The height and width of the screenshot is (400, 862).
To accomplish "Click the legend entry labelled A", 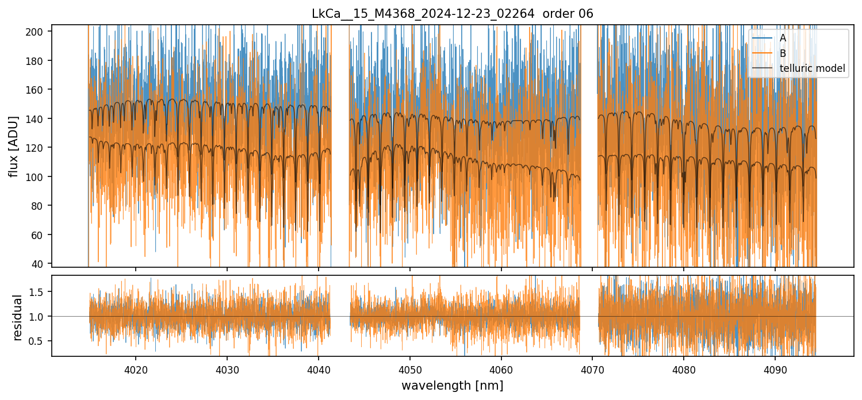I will click(783, 38).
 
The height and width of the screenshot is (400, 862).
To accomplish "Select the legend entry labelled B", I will click(783, 53).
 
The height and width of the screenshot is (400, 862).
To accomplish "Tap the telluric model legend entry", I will click(812, 68).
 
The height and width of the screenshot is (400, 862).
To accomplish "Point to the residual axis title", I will click(17, 317).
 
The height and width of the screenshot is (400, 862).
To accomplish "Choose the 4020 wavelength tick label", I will click(136, 368).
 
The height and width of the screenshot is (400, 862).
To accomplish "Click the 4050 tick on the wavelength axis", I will click(409, 368).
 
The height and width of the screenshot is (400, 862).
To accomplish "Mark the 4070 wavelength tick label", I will click(592, 368).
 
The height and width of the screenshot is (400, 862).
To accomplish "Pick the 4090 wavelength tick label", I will click(775, 368).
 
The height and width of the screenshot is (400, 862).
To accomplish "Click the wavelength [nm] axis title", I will click(452, 385).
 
